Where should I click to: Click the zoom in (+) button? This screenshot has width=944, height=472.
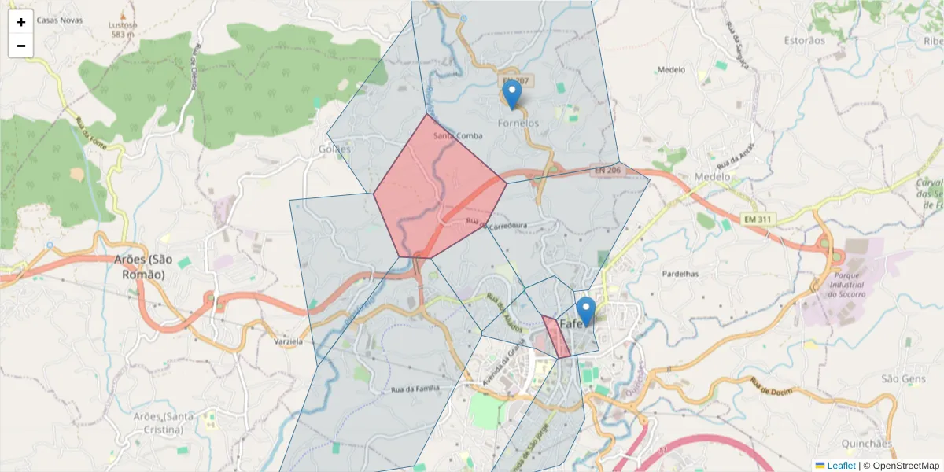pos(21,22)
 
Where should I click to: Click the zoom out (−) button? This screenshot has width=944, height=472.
pos(21,46)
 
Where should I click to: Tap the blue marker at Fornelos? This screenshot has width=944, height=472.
pos(512,95)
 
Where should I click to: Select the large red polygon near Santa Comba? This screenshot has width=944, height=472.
pos(438,189)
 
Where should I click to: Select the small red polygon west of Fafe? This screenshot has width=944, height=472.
pos(556,336)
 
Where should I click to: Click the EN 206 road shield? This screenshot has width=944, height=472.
pos(607,170)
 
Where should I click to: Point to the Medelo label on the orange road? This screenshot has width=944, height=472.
pos(714,177)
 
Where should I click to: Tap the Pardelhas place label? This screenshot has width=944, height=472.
pos(680,274)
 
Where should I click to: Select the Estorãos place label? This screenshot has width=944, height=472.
pos(805,40)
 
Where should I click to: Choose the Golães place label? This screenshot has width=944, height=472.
pos(334,149)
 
